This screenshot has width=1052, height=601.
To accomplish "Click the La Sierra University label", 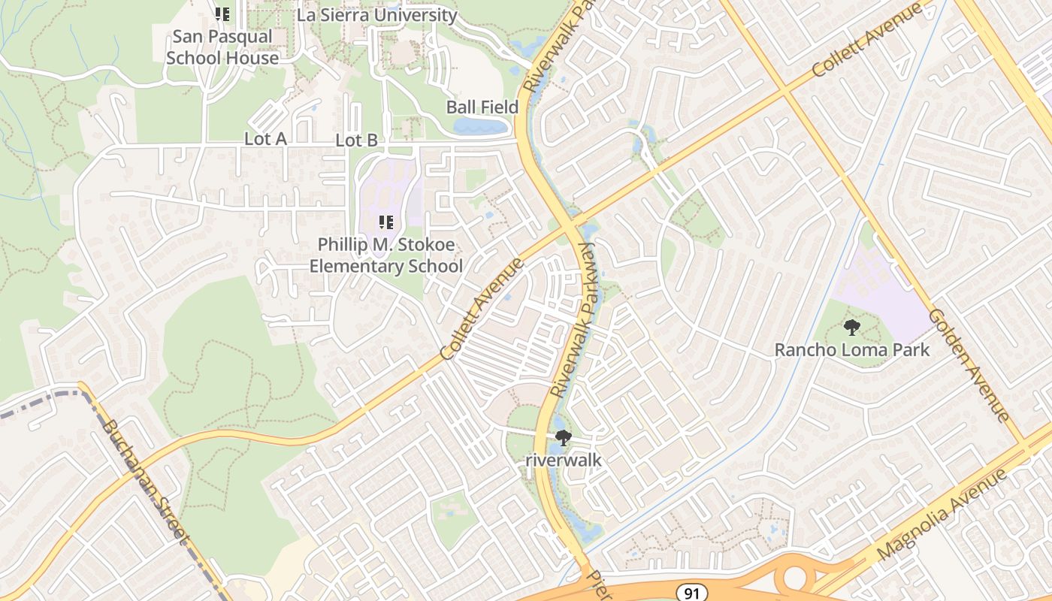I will pyautogui.click(x=376, y=15).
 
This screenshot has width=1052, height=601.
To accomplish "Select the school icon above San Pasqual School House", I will pyautogui.click(x=222, y=14).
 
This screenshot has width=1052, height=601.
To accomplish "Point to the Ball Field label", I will pyautogui.click(x=482, y=107).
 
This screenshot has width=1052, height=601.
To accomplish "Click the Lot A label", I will pyautogui.click(x=265, y=139).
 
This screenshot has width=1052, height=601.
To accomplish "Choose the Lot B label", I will pyautogui.click(x=356, y=140).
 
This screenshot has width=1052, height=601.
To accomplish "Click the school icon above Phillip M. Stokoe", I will pyautogui.click(x=386, y=222).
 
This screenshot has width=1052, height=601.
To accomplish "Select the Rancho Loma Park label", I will pyautogui.click(x=852, y=349).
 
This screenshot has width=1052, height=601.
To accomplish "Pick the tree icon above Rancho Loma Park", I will pyautogui.click(x=851, y=327).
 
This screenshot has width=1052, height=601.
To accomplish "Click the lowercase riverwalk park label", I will pyautogui.click(x=564, y=459).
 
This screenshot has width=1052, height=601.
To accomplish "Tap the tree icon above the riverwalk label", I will pyautogui.click(x=563, y=437).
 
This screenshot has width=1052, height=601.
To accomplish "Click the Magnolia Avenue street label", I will pyautogui.click(x=942, y=515).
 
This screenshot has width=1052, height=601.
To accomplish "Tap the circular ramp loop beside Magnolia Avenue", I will pyautogui.click(x=794, y=578).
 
